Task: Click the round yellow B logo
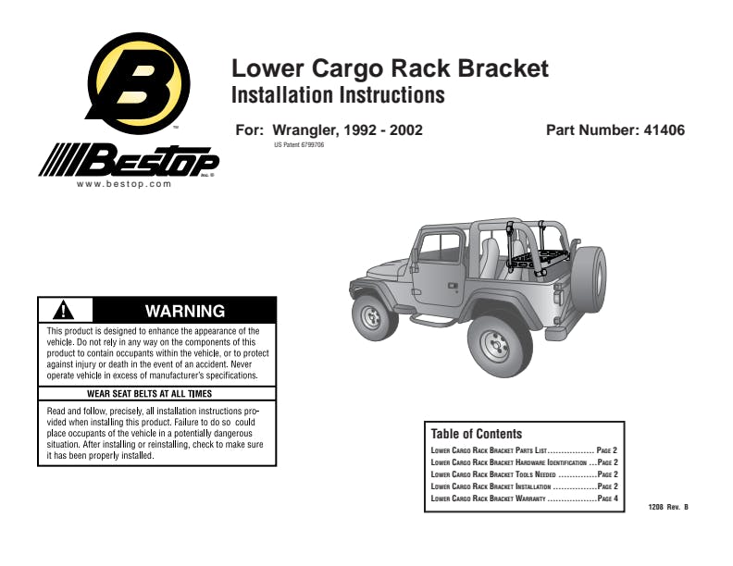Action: (139, 83)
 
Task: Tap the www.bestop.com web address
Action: (124, 184)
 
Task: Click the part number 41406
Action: (664, 129)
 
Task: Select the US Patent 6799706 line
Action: (299, 145)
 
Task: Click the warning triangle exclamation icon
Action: (64, 310)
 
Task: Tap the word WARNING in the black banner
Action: (185, 311)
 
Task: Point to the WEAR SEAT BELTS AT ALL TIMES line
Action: (150, 394)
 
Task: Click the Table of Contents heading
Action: (477, 434)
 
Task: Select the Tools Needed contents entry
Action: (524, 474)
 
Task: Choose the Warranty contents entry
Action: (524, 498)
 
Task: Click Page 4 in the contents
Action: (608, 498)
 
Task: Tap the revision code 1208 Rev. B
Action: (668, 507)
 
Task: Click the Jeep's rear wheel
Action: (499, 346)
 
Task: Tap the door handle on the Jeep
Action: (453, 286)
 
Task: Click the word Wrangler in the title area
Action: (304, 130)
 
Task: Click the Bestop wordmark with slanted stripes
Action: (129, 160)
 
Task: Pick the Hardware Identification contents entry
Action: (524, 462)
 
